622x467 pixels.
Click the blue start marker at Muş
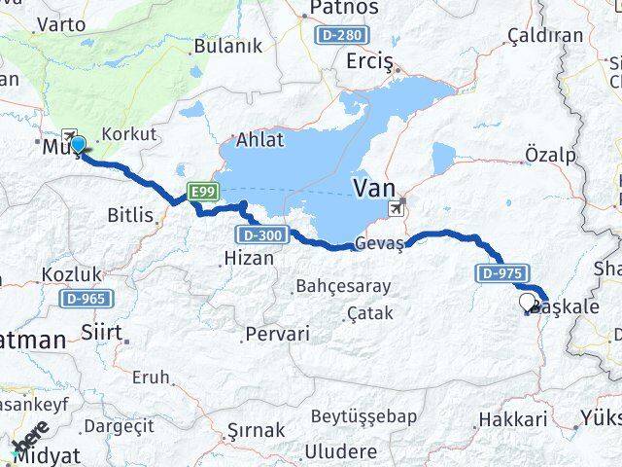[78, 145]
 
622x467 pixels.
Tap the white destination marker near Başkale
[529, 303]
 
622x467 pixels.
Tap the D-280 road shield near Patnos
[341, 35]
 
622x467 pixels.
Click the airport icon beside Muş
[69, 134]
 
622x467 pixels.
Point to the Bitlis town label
[130, 215]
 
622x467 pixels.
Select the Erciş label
[369, 62]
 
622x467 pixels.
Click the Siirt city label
[101, 334]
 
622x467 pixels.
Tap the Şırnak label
[256, 429]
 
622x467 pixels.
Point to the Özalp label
[549, 155]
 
